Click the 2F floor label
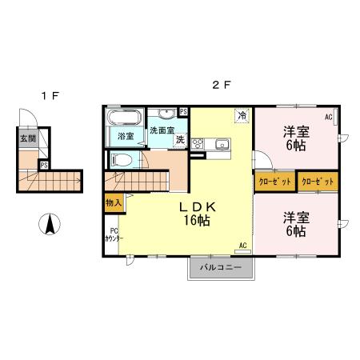(x=221, y=84)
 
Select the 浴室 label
(x=126, y=137)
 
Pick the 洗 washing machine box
(x=181, y=139)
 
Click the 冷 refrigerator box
(x=241, y=115)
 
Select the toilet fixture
(x=122, y=160)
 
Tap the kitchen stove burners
(x=198, y=145)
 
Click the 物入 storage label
(x=113, y=204)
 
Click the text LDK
(x=198, y=206)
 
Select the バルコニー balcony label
(x=221, y=266)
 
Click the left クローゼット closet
(x=274, y=182)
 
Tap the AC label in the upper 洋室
(x=328, y=117)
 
